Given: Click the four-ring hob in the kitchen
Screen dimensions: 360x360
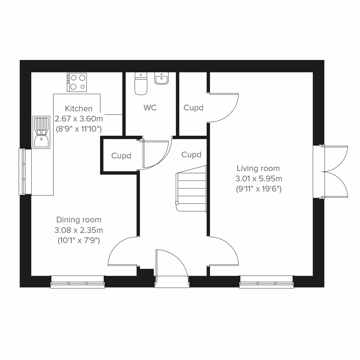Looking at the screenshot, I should (77, 82).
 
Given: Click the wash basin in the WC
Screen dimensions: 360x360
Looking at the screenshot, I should (161, 79).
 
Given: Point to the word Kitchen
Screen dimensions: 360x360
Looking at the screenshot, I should (79, 109).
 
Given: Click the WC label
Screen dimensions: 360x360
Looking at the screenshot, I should (150, 107).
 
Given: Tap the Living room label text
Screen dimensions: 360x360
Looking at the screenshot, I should (258, 168).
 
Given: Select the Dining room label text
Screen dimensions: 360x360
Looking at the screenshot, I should (79, 220).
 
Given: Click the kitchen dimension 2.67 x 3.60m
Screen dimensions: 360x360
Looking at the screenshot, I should (79, 119).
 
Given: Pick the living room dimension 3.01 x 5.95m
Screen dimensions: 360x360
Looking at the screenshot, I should (258, 179).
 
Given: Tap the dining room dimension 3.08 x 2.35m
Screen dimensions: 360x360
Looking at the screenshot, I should (79, 230).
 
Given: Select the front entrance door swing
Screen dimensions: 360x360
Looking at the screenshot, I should (171, 265).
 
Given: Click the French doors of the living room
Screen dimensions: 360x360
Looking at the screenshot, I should (334, 172).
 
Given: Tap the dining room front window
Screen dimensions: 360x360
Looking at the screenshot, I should (77, 283).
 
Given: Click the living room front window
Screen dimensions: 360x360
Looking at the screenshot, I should (266, 283).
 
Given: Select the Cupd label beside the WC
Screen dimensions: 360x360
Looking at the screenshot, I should (193, 108).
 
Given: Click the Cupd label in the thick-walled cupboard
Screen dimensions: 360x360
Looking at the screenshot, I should (121, 156).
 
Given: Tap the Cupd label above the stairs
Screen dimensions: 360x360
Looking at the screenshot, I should (191, 155).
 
